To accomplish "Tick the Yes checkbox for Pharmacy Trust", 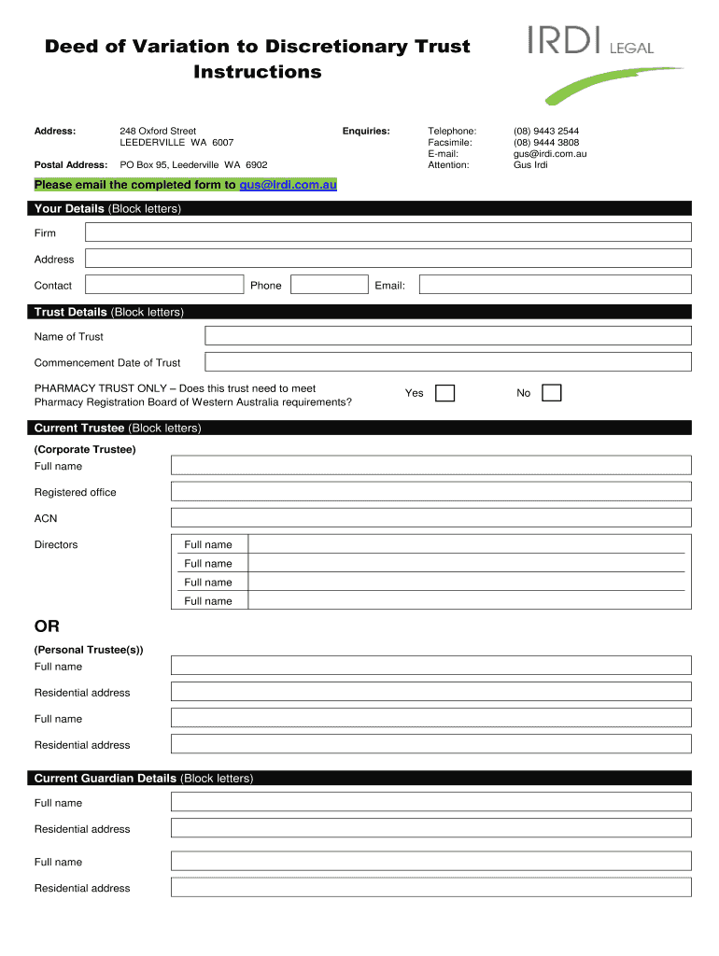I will (x=445, y=393).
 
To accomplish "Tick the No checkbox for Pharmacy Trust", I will (x=552, y=393).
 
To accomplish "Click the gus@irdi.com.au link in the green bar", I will (x=288, y=185).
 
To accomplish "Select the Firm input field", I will (x=388, y=232).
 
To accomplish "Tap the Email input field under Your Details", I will (x=555, y=285).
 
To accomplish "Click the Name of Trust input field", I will (x=447, y=336).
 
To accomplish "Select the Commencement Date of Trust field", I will (x=447, y=362).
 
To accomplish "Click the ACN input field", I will (x=430, y=518).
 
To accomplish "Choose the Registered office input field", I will (x=430, y=492).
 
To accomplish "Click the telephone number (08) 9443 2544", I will (x=546, y=132).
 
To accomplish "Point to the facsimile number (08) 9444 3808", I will (x=546, y=143).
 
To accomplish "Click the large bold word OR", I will (x=47, y=626).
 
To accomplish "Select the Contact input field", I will (x=162, y=285).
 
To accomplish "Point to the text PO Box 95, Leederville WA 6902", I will (x=193, y=165).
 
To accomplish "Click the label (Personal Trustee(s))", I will (x=89, y=650).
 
